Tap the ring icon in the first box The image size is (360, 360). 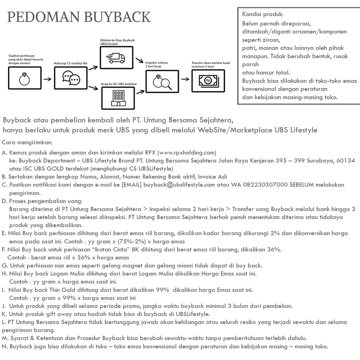(x=24, y=79)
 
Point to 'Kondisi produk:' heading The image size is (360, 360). (x=263, y=14)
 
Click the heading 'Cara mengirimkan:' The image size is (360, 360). (x=27, y=142)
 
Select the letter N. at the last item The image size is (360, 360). (x=5, y=346)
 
